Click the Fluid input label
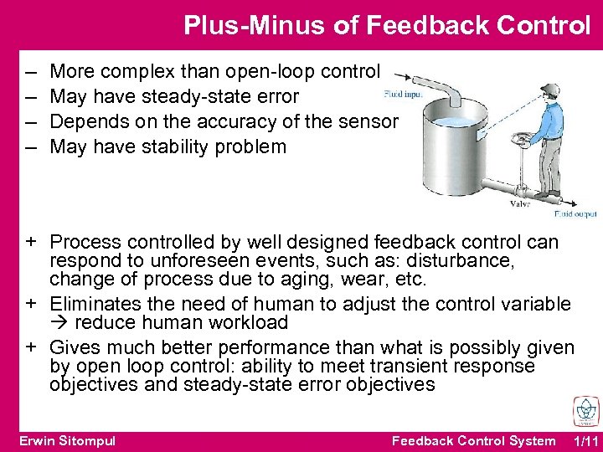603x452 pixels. tap(401, 94)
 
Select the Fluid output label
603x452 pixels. tap(576, 214)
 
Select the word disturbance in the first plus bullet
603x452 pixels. tap(468, 261)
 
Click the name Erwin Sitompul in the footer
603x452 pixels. tap(67, 441)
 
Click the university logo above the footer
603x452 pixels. tap(583, 411)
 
